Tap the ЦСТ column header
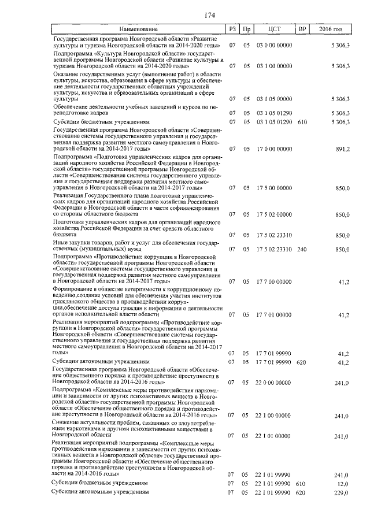(275, 29)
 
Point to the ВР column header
(301, 29)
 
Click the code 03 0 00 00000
(274, 44)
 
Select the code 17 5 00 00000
(274, 188)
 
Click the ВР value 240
(301, 249)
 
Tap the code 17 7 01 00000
(274, 315)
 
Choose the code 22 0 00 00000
(274, 383)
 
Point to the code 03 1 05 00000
(274, 99)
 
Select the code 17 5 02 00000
(274, 214)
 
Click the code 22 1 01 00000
(274, 436)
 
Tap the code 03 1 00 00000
(274, 66)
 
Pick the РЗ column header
(232, 29)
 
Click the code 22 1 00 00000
(274, 415)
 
